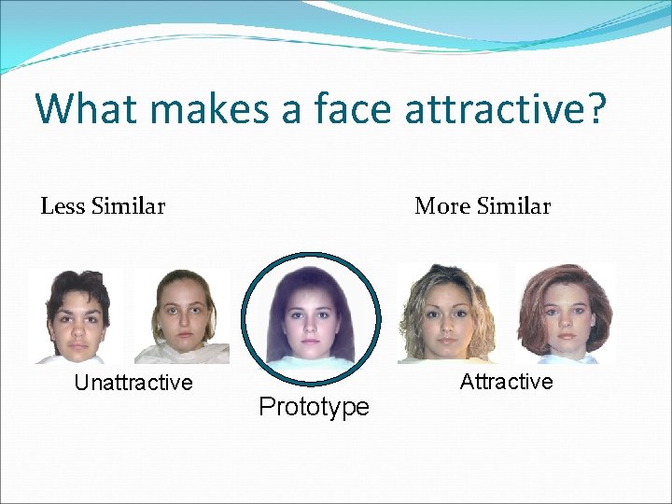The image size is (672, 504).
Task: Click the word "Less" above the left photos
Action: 63,206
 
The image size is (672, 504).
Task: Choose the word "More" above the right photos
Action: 443,206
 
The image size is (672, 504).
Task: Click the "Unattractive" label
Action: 133,383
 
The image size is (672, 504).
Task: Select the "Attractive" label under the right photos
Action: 506,382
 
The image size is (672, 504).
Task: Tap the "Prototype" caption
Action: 314,407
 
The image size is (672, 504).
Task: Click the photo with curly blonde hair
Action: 446,315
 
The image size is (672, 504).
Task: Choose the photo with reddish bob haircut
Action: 564,315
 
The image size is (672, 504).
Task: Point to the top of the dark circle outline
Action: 312,255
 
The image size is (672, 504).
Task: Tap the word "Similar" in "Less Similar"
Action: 129,206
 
